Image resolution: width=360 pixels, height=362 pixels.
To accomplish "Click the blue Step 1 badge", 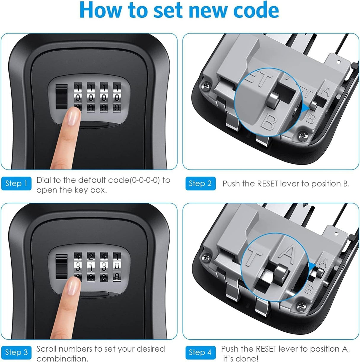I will [x=16, y=184].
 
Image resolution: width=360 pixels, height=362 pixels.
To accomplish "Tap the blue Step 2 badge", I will [x=200, y=184].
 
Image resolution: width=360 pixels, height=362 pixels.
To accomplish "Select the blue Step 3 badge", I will [x=16, y=352].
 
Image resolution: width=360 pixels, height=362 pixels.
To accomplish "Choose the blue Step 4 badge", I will [x=200, y=352].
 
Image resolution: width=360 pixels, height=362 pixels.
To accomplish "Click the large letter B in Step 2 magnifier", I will [x=268, y=122].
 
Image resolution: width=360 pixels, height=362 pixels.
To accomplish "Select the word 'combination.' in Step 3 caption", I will [x=62, y=358].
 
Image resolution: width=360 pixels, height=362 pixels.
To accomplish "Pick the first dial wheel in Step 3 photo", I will [x=78, y=266].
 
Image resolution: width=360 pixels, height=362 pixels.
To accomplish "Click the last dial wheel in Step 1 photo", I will [x=117, y=97].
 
